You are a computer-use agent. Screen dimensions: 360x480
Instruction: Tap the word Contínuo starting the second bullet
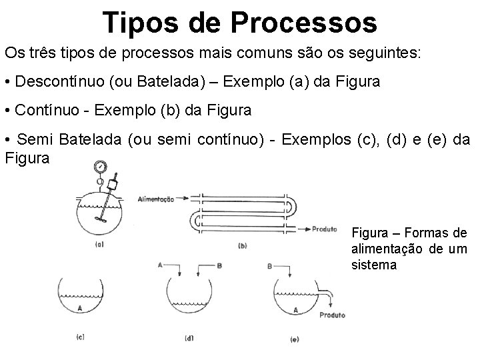tap(43, 111)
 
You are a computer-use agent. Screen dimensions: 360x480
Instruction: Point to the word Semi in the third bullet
tap(35, 139)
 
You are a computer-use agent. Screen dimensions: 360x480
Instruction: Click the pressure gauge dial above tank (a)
tap(100, 167)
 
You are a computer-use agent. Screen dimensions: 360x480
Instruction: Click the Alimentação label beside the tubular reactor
tap(156, 199)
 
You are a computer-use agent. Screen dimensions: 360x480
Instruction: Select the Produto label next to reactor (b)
tap(324, 229)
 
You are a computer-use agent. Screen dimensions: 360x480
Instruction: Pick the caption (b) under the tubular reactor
tap(242, 246)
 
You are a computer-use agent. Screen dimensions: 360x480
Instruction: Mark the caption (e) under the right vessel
tap(294, 339)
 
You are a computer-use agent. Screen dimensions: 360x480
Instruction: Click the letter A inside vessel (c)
tap(80, 308)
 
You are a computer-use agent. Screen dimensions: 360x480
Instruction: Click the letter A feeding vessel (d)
tap(160, 265)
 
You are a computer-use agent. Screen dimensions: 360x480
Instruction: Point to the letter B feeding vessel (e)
tap(269, 265)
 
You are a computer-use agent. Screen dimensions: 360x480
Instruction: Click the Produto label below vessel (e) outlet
tap(331, 315)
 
